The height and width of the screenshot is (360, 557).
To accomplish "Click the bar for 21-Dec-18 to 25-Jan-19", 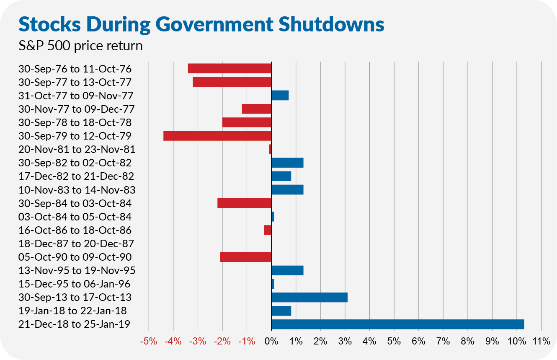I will click(398, 324).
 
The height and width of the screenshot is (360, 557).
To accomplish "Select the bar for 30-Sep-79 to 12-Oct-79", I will click(217, 136).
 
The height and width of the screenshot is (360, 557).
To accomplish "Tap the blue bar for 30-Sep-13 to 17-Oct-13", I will click(309, 297).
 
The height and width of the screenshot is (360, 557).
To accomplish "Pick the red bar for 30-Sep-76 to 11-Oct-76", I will click(230, 68).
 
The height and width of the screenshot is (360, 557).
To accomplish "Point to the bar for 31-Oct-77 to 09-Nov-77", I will click(280, 95).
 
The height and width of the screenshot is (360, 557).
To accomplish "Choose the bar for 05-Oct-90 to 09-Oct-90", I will click(245, 257).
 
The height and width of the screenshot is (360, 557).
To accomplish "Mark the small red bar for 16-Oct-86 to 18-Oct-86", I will click(268, 230).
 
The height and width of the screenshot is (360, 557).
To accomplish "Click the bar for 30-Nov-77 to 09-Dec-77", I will click(257, 109).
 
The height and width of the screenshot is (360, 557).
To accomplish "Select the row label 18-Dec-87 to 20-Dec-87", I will click(76, 243).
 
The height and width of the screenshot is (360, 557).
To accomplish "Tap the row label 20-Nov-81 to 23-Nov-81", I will click(77, 149).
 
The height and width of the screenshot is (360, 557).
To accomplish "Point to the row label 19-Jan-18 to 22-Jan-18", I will click(73, 311).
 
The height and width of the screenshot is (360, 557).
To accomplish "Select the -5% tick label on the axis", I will click(149, 341).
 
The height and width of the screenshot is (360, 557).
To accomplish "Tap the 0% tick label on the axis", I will click(271, 341).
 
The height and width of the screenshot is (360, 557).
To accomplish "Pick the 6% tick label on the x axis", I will click(418, 341).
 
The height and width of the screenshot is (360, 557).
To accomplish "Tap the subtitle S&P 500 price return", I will click(80, 45).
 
